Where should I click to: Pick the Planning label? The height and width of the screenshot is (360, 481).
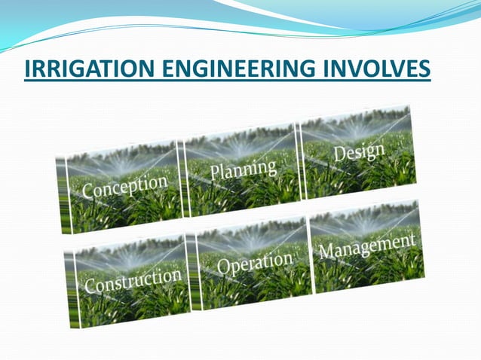click(243, 170)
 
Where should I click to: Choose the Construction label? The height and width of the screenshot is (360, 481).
click(133, 281)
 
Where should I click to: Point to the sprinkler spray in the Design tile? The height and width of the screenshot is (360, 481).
click(354, 128)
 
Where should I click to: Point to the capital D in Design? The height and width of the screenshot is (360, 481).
click(339, 158)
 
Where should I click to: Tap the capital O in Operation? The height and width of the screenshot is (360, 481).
click(224, 268)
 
